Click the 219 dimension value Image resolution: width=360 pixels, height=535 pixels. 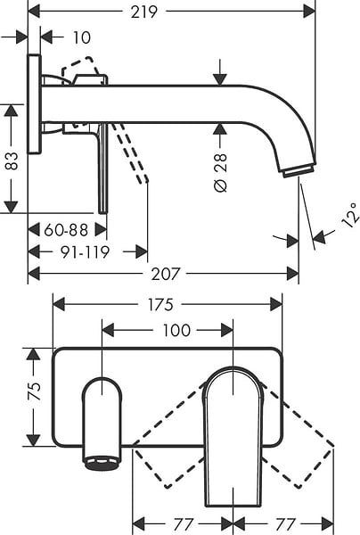144,12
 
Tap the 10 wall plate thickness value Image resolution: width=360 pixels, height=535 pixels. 82,37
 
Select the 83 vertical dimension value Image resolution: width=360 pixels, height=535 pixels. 12,161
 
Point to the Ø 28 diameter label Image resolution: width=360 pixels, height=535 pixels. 221,173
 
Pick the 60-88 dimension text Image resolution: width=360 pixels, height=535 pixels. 66,230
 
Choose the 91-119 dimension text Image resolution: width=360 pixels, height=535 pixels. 85,252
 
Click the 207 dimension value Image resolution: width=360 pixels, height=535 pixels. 165,274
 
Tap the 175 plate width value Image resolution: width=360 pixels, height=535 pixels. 160,304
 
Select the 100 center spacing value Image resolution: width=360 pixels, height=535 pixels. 176,330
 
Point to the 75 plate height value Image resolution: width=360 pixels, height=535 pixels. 35,391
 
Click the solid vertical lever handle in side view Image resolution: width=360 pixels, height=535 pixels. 103,168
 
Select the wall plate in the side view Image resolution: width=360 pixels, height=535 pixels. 34,103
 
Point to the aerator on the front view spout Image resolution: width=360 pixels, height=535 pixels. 102,462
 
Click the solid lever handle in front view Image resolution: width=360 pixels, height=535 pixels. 233,437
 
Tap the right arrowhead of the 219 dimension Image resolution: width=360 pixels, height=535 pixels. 309,12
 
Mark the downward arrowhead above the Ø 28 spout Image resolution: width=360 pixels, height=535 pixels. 221,79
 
